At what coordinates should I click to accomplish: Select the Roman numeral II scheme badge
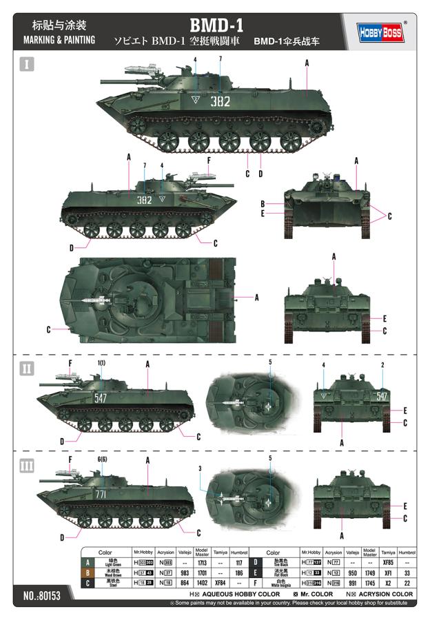point(27,369)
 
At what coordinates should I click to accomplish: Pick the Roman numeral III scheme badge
point(27,466)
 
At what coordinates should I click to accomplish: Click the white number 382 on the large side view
point(221,101)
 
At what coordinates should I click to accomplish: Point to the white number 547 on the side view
point(101,397)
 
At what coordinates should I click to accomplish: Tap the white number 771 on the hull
point(101,495)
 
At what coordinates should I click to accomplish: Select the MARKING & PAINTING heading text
point(59,40)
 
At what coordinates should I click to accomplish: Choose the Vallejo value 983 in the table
point(184,572)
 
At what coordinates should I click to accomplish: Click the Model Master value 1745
point(369,582)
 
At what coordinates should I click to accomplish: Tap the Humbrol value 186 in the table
point(239,572)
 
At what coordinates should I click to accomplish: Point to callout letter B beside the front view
point(263,204)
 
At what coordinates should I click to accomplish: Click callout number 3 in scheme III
point(200,468)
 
